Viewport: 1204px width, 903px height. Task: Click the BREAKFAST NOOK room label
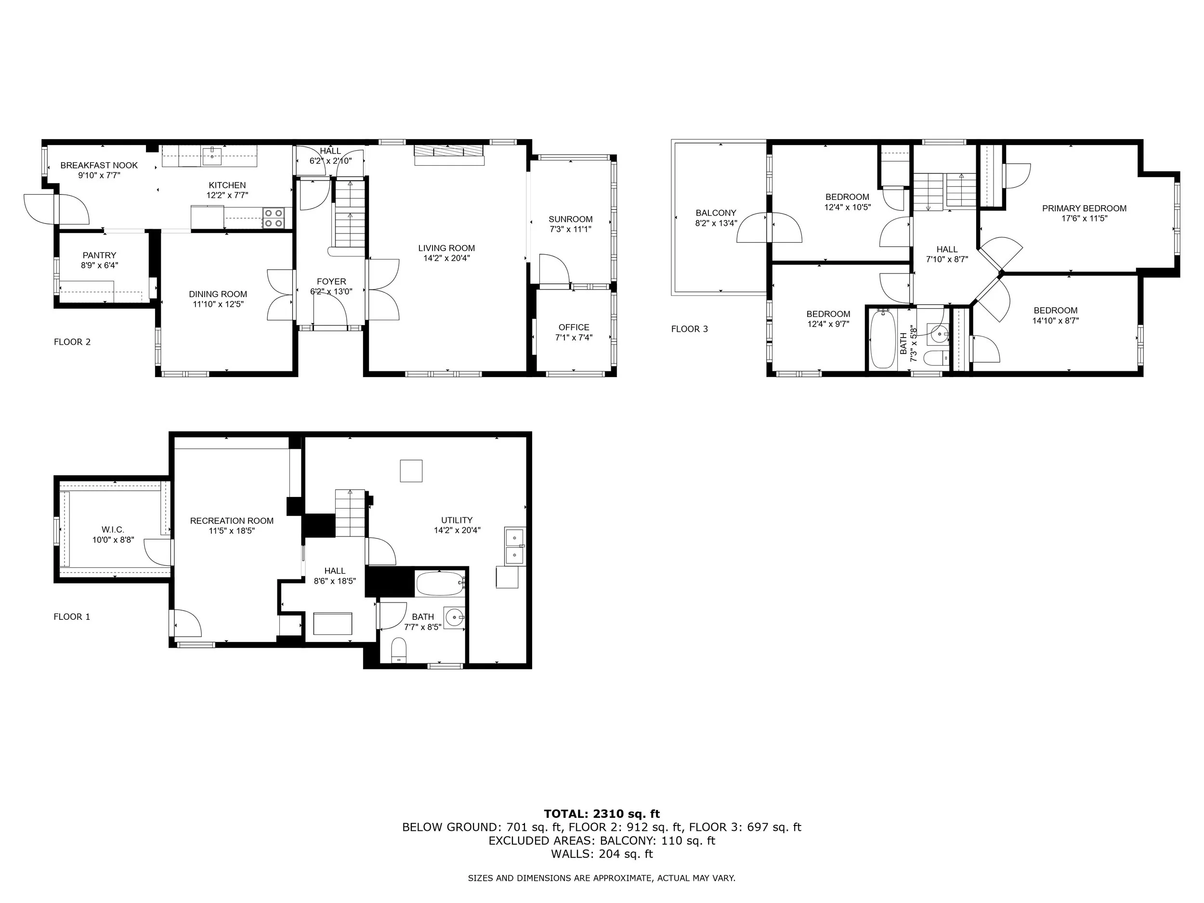pos(99,165)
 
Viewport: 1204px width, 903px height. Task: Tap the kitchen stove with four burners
pos(274,218)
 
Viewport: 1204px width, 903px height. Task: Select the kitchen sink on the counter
pos(211,156)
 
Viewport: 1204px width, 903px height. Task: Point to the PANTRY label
pos(100,255)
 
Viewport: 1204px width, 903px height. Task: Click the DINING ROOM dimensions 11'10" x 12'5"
pos(218,304)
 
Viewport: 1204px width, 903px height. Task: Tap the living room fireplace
pos(449,155)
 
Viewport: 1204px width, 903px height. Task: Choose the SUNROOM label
pos(570,219)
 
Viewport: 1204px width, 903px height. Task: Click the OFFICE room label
pos(574,327)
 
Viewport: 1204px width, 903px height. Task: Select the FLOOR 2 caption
pos(72,342)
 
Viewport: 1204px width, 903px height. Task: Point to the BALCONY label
pos(716,213)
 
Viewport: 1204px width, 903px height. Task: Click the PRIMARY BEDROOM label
pos(1084,208)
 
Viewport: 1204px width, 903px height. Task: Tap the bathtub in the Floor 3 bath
pos(882,339)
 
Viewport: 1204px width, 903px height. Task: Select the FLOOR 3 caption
pos(690,329)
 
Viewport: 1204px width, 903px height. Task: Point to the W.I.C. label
pos(113,530)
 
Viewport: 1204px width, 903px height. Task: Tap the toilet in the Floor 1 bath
pos(400,650)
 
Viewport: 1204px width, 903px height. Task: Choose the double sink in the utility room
pos(515,546)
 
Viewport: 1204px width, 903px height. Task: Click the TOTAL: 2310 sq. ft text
pos(602,814)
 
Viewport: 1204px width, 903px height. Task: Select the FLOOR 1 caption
pos(72,617)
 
